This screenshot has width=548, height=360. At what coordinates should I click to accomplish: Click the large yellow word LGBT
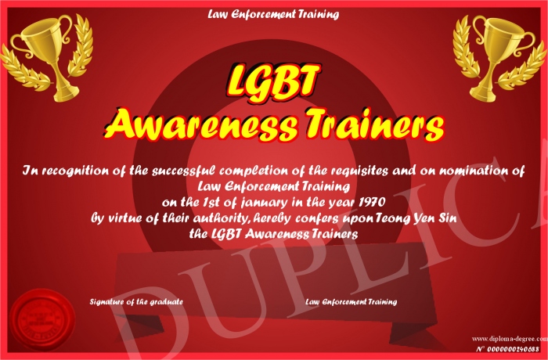(x=273, y=81)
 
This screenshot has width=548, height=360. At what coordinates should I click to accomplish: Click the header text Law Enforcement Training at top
(x=273, y=14)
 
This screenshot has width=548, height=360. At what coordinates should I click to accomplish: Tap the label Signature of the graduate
(x=136, y=301)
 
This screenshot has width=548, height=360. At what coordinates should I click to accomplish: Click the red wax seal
(x=42, y=320)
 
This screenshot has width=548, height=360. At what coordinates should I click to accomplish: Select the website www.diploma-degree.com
(x=510, y=338)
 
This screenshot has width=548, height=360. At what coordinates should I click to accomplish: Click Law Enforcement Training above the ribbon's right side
(x=352, y=301)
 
